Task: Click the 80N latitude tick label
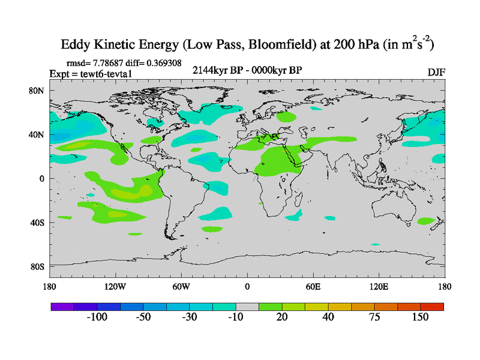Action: pos(37,91)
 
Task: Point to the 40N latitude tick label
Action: pos(37,134)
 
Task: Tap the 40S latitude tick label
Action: pos(37,223)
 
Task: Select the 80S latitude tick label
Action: pos(37,266)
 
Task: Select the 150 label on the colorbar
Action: pos(419,317)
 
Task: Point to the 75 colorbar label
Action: pos(374,317)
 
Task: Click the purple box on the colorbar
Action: pos(62,307)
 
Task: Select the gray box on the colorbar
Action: pos(247,307)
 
